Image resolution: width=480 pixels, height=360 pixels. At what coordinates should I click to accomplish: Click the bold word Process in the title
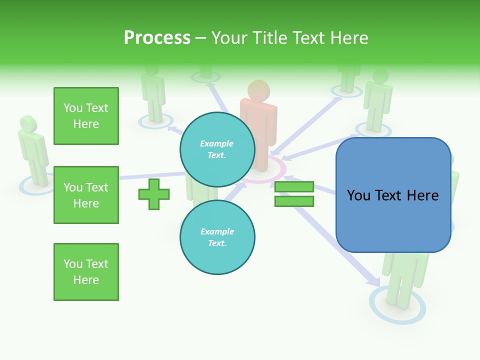(x=157, y=38)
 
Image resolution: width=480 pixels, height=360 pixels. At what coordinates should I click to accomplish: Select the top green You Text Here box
(x=86, y=116)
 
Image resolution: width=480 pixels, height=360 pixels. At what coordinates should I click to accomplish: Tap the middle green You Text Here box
(x=86, y=195)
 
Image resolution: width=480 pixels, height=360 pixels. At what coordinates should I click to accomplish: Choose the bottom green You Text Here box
(x=86, y=272)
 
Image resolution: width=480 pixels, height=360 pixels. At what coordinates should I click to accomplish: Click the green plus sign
(x=154, y=194)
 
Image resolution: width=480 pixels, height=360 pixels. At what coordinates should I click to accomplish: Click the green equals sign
(x=294, y=194)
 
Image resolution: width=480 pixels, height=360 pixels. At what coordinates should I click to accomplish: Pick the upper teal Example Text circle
(x=217, y=149)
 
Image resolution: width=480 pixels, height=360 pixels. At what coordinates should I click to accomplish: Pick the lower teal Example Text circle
(x=217, y=237)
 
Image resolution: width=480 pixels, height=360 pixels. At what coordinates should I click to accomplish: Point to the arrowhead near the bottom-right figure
(x=373, y=281)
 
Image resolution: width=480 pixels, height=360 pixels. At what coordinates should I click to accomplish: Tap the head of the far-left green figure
(x=28, y=123)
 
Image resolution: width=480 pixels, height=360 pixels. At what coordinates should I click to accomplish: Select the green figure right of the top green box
(x=153, y=95)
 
